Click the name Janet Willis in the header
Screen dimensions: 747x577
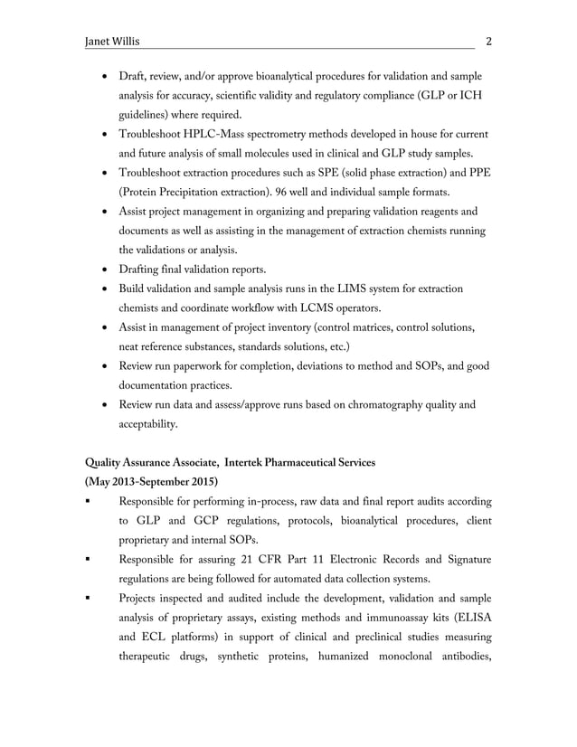click(x=112, y=42)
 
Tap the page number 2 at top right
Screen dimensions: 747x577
click(x=489, y=42)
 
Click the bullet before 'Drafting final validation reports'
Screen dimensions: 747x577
click(x=102, y=269)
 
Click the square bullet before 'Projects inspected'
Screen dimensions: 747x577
click(x=87, y=600)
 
